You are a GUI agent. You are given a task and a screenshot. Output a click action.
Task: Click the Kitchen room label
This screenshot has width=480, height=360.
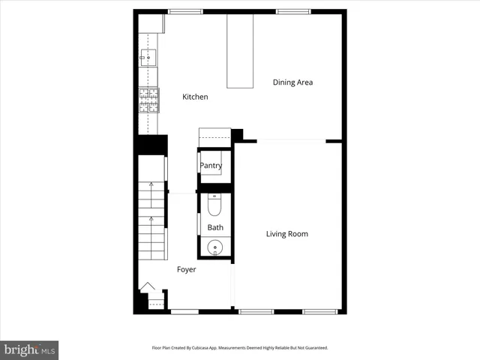(195, 97)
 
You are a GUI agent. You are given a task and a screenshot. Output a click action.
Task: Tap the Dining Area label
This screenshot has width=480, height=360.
(292, 82)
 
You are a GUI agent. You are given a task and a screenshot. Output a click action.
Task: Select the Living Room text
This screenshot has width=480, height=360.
(287, 234)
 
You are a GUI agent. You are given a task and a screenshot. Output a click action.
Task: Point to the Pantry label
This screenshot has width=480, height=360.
(211, 166)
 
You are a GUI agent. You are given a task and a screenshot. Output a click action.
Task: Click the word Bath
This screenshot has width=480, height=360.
(215, 227)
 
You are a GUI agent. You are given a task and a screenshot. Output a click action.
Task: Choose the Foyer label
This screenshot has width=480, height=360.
(186, 269)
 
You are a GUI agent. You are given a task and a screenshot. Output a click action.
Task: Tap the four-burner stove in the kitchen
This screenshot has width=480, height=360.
(148, 100)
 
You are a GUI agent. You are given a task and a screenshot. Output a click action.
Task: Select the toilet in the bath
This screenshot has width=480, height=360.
(214, 204)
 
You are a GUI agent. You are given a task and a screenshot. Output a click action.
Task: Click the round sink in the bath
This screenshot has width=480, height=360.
(215, 247)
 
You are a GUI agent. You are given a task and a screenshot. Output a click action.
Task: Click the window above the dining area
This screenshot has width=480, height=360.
(294, 11)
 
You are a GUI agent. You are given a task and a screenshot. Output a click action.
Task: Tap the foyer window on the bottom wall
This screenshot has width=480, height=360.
(184, 311)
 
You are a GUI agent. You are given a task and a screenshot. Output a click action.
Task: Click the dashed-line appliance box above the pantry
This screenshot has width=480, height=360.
(214, 136)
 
